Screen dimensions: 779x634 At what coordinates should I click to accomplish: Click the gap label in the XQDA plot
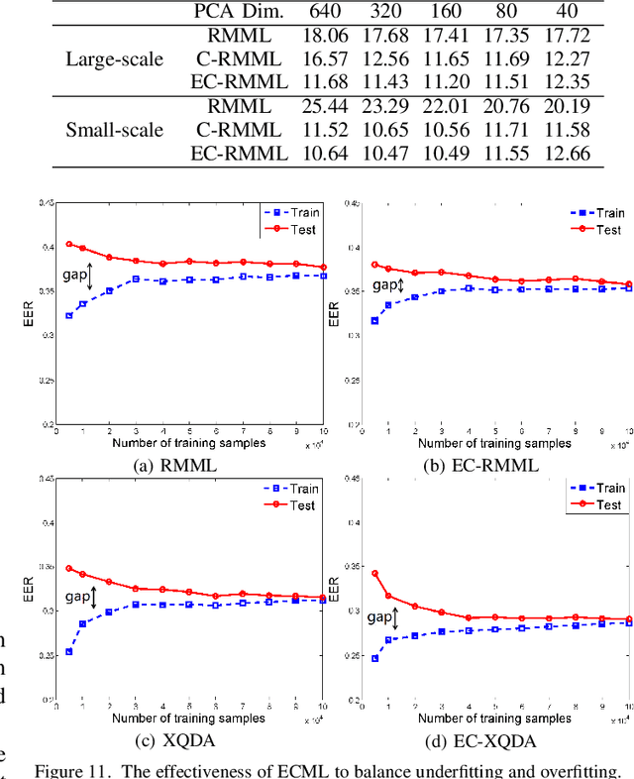point(77,597)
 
